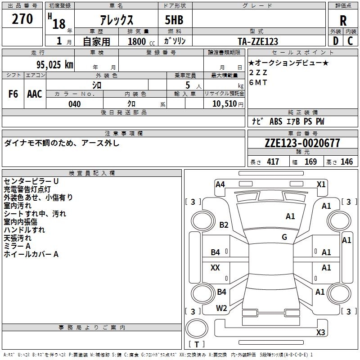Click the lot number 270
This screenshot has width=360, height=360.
(22, 20)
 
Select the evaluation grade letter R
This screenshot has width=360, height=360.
(343, 21)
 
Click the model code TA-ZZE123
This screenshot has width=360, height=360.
(258, 42)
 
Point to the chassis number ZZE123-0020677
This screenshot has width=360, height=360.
(302, 144)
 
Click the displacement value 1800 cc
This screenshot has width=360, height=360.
(137, 42)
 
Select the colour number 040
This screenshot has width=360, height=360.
(75, 104)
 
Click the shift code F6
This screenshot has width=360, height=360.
(13, 94)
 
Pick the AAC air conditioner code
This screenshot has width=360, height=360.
(35, 94)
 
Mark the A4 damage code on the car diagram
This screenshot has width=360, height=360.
(220, 184)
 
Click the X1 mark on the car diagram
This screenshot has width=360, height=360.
(321, 184)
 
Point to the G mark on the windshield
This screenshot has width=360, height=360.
(284, 237)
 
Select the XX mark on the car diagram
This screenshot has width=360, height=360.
(215, 268)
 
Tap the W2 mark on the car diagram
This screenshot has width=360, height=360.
(221, 308)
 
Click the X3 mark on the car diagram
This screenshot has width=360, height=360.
(320, 333)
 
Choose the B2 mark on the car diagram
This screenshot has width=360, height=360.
(224, 225)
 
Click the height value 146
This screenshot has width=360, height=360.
(346, 162)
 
